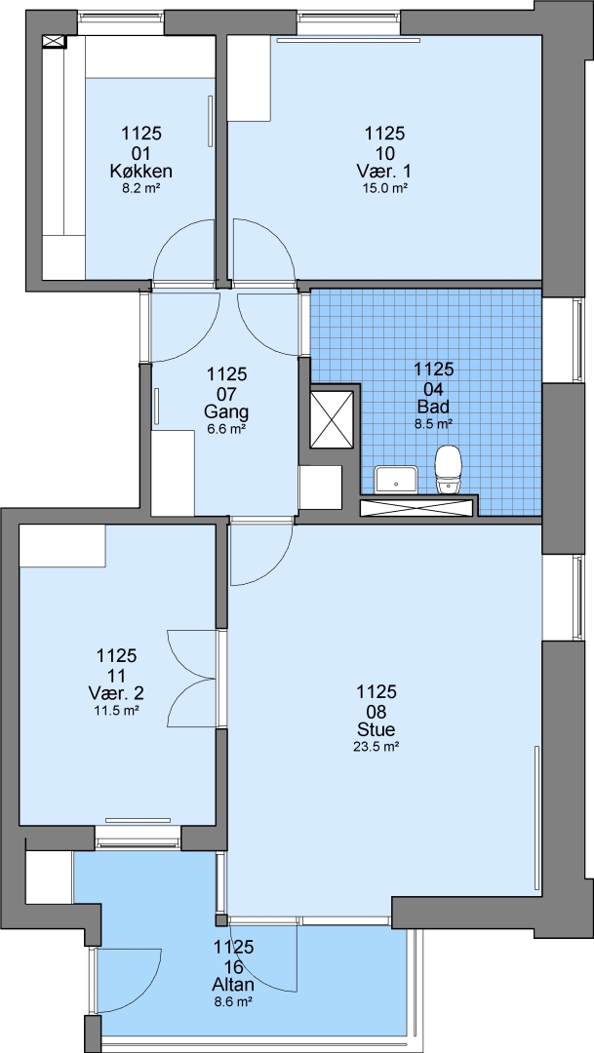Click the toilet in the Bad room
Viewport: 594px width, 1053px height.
449,470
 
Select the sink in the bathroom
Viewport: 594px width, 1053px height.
396,480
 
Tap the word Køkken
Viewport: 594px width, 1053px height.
141,172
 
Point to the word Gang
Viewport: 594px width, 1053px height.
227,411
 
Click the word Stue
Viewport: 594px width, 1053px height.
376,729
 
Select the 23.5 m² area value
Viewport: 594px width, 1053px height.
376,746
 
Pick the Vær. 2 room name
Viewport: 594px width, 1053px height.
115,692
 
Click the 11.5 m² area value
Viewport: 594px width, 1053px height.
115,709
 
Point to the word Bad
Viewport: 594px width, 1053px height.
433,407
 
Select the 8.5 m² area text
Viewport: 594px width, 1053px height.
433,423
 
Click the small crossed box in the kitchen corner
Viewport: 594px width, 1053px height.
55,42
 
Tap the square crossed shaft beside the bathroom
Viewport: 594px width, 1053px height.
332,419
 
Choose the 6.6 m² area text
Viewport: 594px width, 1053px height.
227,428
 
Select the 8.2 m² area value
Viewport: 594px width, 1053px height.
141,189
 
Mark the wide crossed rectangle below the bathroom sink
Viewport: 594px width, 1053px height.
418,507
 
